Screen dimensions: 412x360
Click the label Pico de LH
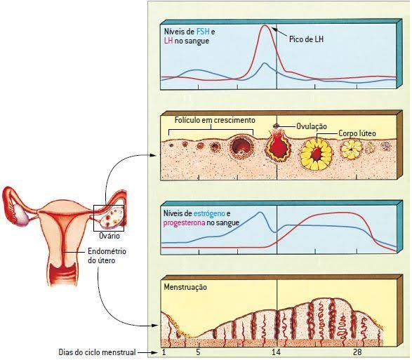click(x=306, y=39)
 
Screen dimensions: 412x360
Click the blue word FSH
click(x=203, y=32)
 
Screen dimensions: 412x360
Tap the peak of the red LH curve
click(x=265, y=25)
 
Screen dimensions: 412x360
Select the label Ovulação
click(x=312, y=126)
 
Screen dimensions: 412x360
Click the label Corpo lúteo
click(x=357, y=133)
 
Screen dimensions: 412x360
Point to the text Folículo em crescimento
click(x=215, y=120)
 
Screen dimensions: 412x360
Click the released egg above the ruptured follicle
click(x=276, y=126)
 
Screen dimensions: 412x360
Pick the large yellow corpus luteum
click(x=317, y=154)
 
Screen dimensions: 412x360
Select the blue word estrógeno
click(x=209, y=213)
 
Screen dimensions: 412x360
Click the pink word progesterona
click(x=184, y=223)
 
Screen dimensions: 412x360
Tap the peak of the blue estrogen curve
click(x=260, y=213)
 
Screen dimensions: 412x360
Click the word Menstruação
click(x=185, y=287)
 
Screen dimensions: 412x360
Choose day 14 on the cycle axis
click(x=277, y=352)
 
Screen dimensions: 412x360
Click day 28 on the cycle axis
click(x=357, y=352)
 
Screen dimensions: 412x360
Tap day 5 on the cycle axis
click(x=198, y=352)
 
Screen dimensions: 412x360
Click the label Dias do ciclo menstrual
click(x=97, y=352)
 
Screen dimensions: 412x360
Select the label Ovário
click(x=109, y=236)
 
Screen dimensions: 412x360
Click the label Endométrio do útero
click(x=107, y=255)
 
